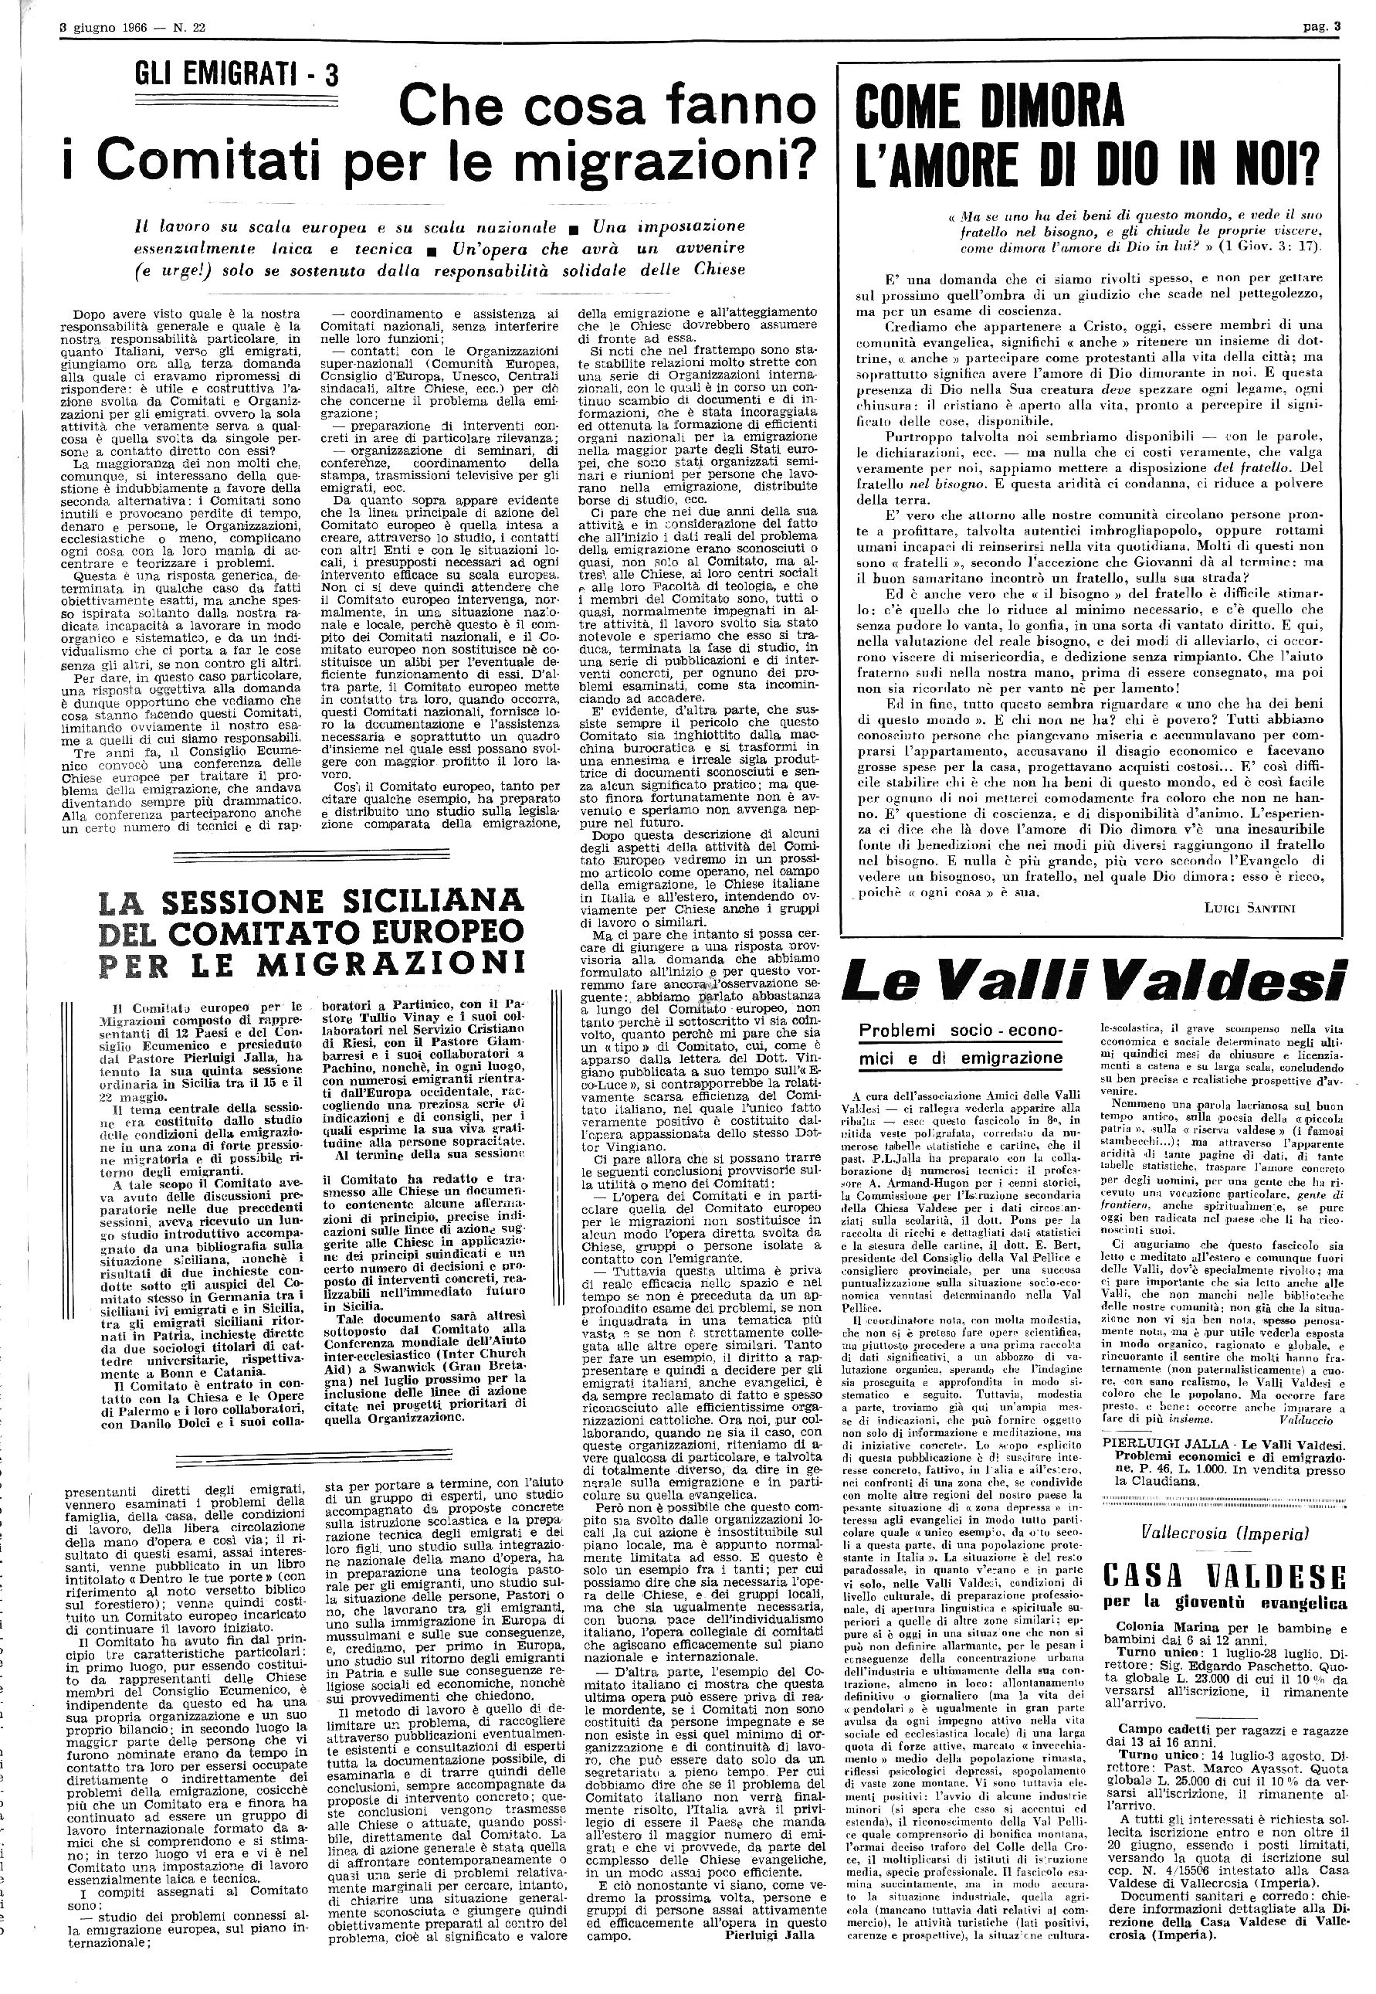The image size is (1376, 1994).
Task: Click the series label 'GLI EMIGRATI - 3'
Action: pyautogui.click(x=236, y=76)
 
